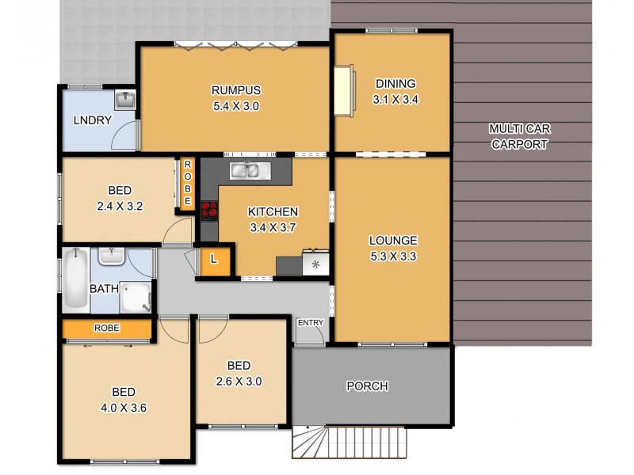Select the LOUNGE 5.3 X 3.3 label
click(392, 248)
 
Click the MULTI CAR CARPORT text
click(519, 136)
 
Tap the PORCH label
click(368, 386)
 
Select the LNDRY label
click(92, 120)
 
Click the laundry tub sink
click(125, 101)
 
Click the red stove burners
click(210, 209)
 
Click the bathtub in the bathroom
click(77, 280)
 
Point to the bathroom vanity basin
click(111, 256)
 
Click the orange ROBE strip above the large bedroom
click(107, 328)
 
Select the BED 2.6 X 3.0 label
click(239, 373)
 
